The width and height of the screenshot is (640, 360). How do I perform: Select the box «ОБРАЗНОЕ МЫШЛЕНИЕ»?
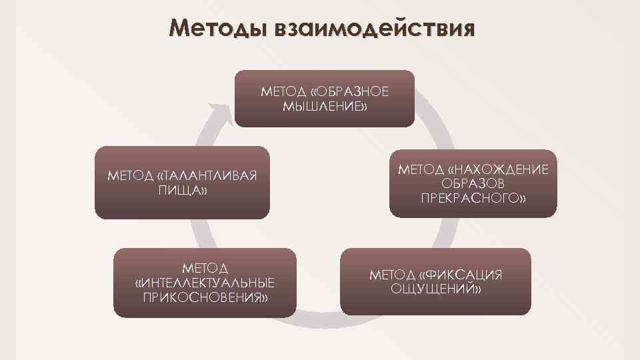[x=324, y=98]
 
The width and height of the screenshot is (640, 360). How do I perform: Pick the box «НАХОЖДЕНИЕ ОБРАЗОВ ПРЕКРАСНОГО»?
[x=473, y=183]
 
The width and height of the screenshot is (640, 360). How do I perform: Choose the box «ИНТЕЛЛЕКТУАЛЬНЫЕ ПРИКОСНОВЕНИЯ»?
[x=204, y=282]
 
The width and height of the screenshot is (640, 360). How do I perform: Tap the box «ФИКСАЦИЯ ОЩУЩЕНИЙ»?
[x=436, y=281]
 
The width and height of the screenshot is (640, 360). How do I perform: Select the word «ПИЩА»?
[x=182, y=191]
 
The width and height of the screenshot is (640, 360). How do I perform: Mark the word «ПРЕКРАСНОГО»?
[x=473, y=199]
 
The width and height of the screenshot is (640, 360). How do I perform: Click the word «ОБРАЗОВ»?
[x=473, y=184]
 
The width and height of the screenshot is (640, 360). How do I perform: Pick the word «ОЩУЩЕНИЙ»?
[x=436, y=289]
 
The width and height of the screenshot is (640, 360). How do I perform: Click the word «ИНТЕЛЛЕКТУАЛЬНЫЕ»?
[x=205, y=282]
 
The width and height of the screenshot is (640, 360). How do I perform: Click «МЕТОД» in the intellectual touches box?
[x=205, y=267]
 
